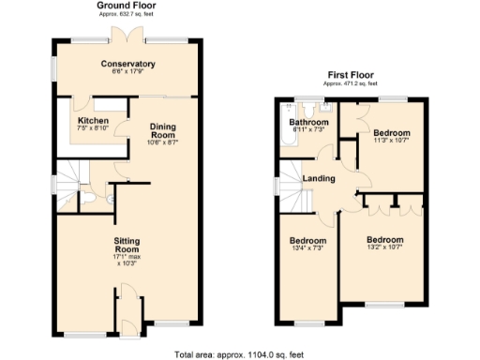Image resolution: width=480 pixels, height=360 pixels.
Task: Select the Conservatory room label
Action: coord(128,64)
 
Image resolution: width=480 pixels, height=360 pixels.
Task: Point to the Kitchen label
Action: coord(93,121)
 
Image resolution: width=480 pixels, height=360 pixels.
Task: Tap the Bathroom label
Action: coord(308,123)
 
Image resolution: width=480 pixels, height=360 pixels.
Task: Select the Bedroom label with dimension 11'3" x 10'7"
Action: coord(391,133)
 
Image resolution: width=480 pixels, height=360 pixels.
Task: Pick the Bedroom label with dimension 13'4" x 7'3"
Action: coord(307,240)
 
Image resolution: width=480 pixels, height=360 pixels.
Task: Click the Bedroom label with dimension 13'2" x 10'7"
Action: coord(384,239)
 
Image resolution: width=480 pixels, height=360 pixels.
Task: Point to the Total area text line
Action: coord(239,353)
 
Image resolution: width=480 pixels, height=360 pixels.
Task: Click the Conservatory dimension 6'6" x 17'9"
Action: coord(128,73)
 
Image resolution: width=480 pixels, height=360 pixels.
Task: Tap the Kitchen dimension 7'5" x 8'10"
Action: coord(93,130)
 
